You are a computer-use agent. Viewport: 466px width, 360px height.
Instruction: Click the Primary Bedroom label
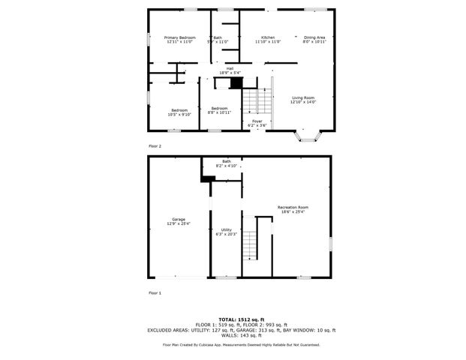click(x=180, y=37)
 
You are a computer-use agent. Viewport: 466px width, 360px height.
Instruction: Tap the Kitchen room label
click(x=268, y=37)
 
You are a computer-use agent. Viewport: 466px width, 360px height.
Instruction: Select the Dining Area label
click(x=314, y=37)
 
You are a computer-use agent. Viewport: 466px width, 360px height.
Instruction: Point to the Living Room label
click(x=302, y=97)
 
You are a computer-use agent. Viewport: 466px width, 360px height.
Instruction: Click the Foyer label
click(x=257, y=121)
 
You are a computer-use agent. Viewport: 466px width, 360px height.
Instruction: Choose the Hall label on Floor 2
click(x=224, y=68)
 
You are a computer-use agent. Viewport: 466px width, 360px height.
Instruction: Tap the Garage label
click(x=179, y=219)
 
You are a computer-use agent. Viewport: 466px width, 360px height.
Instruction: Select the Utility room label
click(x=226, y=229)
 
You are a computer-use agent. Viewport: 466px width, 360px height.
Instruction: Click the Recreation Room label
click(x=293, y=207)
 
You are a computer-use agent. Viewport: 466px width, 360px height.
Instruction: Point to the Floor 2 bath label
click(x=218, y=38)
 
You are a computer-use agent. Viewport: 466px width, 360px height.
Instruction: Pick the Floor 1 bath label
click(x=226, y=160)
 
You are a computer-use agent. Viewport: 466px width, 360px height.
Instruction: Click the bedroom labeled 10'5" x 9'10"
click(x=180, y=110)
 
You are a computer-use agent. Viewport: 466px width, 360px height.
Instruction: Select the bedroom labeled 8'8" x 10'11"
click(x=219, y=109)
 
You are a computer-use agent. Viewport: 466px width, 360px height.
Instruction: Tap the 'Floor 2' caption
click(x=155, y=145)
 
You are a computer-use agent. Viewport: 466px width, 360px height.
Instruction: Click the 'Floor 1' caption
click(x=155, y=292)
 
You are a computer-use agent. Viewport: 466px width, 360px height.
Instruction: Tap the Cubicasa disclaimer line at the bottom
click(x=241, y=345)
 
